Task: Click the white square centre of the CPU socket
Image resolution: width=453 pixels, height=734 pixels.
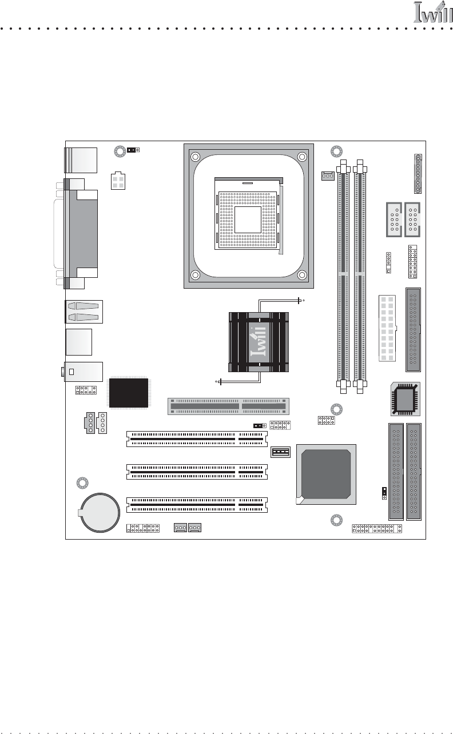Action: pos(248,220)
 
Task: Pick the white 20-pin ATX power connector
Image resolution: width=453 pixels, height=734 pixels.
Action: pos(387,328)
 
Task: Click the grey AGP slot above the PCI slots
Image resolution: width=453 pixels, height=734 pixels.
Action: pos(228,406)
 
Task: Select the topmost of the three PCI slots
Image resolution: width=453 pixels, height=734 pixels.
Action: pos(197,439)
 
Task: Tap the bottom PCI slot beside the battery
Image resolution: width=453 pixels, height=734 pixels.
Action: pos(197,505)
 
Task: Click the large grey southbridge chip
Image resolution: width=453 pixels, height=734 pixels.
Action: pos(326,473)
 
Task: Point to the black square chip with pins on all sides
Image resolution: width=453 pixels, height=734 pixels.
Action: pos(129,392)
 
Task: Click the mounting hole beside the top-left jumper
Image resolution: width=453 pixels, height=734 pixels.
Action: pos(120,151)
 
